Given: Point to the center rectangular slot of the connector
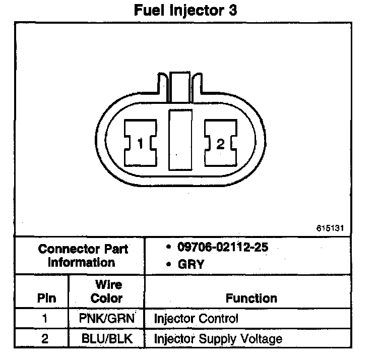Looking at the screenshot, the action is [x=180, y=139].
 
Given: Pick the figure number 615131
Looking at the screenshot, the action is [x=330, y=228].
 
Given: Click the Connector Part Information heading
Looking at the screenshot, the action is [x=83, y=256].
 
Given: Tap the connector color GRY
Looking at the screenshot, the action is [x=192, y=264].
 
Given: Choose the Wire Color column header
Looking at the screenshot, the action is [x=106, y=291].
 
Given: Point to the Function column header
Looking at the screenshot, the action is [x=251, y=298].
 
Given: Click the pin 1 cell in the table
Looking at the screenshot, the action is [x=45, y=319].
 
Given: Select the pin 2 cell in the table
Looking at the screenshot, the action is [x=45, y=339].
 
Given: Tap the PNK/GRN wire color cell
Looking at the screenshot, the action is [x=106, y=319].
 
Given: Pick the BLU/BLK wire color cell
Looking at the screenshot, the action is [x=106, y=339].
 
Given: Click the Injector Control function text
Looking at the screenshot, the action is [x=196, y=319].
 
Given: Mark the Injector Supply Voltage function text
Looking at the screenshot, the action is [x=218, y=339].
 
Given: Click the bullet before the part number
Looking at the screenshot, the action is [x=168, y=248].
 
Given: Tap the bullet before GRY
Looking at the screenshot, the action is [x=168, y=264].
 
